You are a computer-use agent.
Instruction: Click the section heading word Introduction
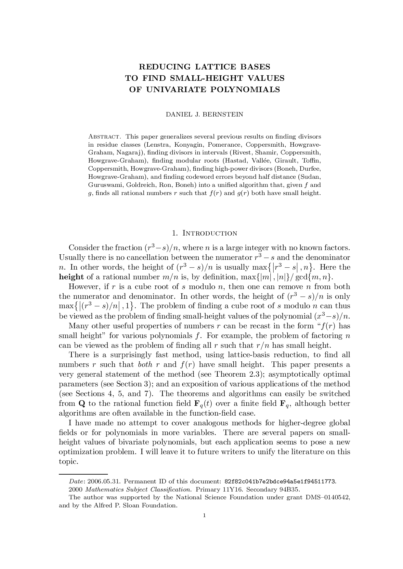pos(210,233)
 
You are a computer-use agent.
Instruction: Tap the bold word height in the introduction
pos(71,277)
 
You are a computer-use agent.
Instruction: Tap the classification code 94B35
pos(288,490)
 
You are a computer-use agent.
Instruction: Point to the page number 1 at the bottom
pos(204,515)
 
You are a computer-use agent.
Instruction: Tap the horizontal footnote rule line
pos(83,474)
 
